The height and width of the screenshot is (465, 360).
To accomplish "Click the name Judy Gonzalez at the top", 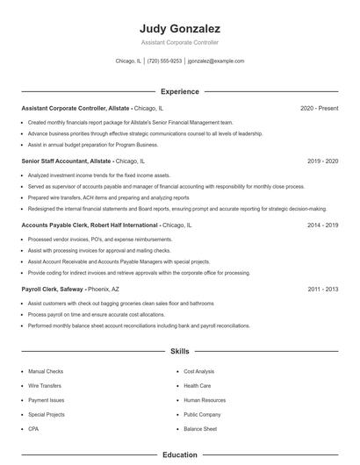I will tap(180, 28).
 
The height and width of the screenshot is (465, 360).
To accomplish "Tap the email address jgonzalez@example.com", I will tap(216, 61).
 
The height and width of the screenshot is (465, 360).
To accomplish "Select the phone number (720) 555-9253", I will tap(164, 61).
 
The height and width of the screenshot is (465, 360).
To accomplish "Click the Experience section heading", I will tap(180, 91).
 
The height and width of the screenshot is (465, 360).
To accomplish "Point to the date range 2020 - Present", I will tap(319, 108).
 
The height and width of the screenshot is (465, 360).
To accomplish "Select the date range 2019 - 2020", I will tap(322, 161).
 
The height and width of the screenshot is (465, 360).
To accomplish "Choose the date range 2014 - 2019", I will tap(322, 225).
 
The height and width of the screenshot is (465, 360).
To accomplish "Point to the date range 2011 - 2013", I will tap(322, 289).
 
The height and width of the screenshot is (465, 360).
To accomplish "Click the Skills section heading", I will tap(180, 352).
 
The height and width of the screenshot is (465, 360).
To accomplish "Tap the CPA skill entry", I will tap(32, 428).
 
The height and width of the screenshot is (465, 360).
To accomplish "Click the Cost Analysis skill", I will tap(198, 372).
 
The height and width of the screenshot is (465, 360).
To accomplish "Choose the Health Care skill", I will tap(197, 386).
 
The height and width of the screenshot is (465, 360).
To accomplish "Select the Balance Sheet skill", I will tap(200, 428).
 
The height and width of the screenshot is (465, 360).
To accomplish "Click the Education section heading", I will tap(180, 455).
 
